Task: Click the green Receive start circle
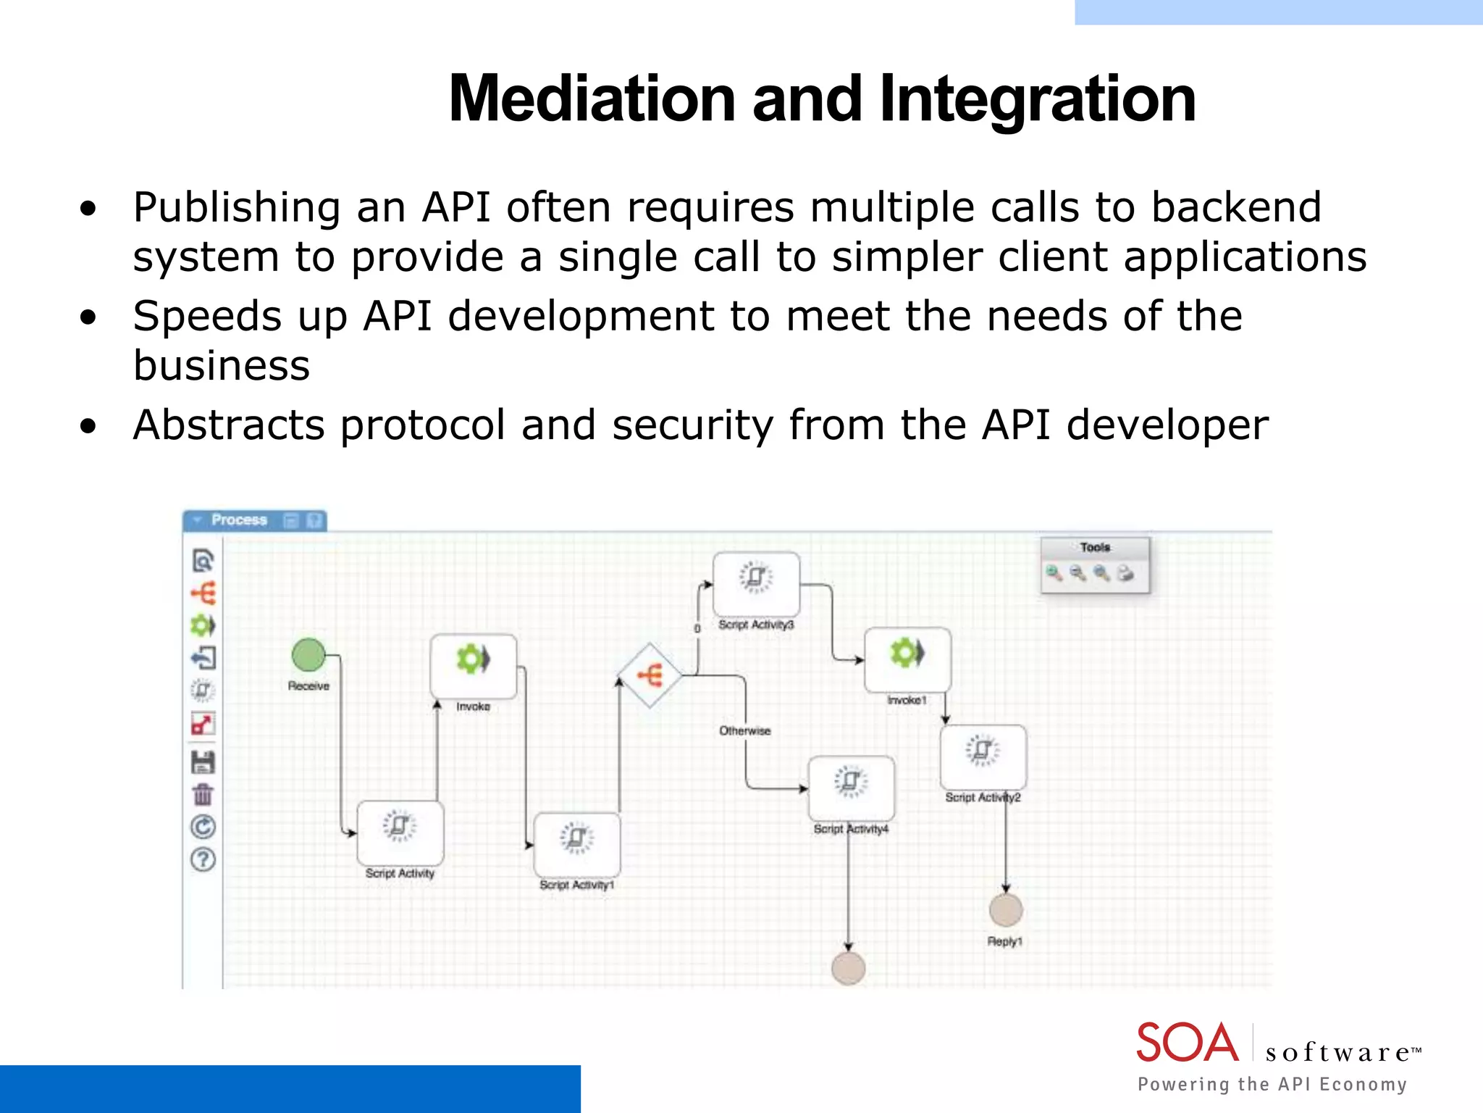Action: (308, 655)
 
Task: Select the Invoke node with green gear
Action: (473, 666)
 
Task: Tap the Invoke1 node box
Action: (907, 659)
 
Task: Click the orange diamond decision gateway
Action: (650, 675)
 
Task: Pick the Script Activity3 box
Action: (756, 584)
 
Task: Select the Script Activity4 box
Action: (851, 788)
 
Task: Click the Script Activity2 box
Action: (983, 756)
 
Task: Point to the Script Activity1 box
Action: (576, 844)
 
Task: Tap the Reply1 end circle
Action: (1006, 910)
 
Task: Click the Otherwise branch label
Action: (744, 730)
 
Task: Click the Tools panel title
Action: (1095, 547)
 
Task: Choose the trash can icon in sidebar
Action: (203, 795)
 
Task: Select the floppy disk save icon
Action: (203, 762)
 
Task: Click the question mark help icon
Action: (203, 860)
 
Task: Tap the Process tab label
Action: (239, 520)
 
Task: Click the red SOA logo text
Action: (1187, 1043)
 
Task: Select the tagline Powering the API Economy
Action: (1272, 1084)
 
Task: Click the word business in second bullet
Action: (222, 365)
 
